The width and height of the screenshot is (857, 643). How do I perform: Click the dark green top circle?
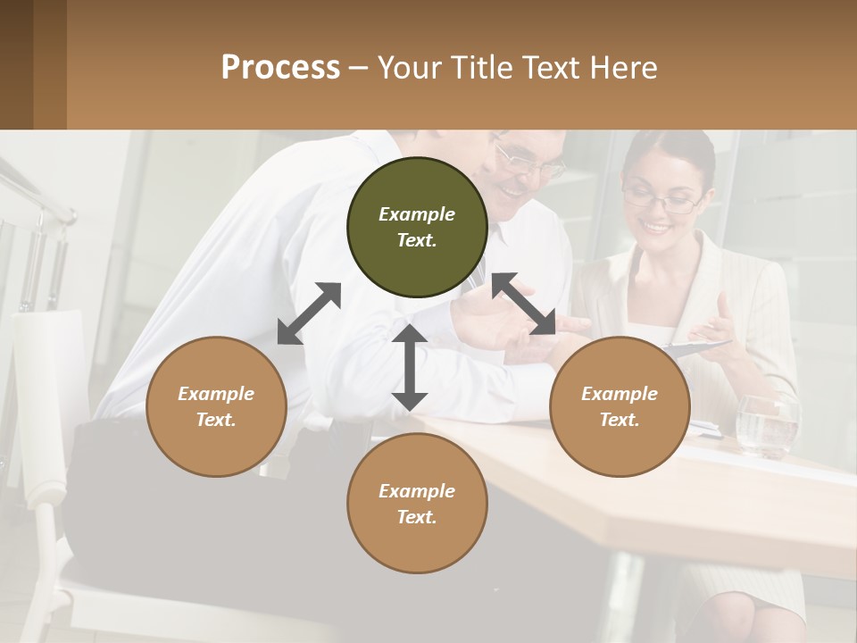pyautogui.click(x=417, y=227)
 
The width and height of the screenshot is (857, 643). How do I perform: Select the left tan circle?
pyautogui.click(x=216, y=406)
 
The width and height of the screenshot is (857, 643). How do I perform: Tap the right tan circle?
pyautogui.click(x=620, y=406)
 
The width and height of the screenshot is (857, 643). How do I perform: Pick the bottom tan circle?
pyautogui.click(x=417, y=504)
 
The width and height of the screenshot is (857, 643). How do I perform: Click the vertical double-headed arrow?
pyautogui.click(x=409, y=367)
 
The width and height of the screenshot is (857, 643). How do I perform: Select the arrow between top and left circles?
pyautogui.click(x=309, y=313)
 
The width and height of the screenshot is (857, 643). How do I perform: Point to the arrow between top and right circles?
pyautogui.click(x=524, y=305)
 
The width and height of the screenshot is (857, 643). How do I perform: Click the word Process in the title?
pyautogui.click(x=280, y=67)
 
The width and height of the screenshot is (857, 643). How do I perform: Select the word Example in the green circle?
pyautogui.click(x=417, y=214)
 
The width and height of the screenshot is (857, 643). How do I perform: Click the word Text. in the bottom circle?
pyautogui.click(x=417, y=517)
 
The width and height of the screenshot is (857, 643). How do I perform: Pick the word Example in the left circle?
pyautogui.click(x=216, y=394)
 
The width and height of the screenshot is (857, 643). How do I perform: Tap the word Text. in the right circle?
pyautogui.click(x=620, y=420)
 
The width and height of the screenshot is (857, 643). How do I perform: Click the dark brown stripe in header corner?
pyautogui.click(x=16, y=64)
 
